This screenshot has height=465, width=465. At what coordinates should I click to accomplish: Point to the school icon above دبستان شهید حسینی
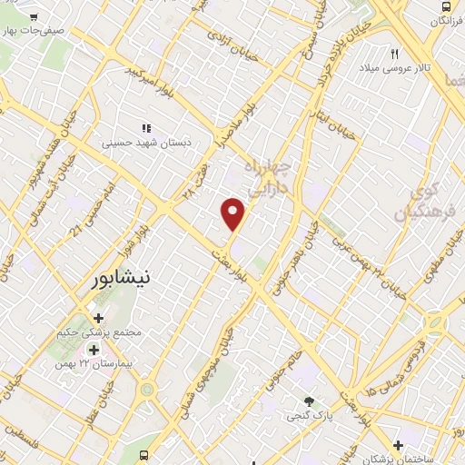click(146, 128)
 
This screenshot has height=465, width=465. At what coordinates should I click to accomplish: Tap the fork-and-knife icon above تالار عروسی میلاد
click(395, 53)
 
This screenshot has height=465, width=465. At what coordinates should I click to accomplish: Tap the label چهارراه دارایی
click(272, 176)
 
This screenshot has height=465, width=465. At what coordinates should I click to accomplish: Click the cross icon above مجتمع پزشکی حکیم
click(99, 319)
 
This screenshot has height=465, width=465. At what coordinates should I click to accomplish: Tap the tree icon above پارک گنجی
click(310, 401)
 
